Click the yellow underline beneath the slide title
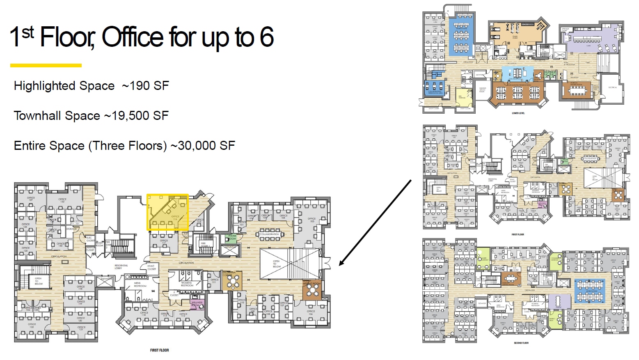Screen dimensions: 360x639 46,65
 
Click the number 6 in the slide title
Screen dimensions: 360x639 266,37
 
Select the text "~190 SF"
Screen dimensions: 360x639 145,86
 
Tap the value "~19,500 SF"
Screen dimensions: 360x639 136,116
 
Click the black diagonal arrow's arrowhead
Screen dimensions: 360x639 341,263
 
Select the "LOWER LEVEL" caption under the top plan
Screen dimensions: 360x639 518,113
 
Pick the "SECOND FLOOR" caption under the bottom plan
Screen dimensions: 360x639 521,343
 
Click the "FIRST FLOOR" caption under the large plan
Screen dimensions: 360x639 159,350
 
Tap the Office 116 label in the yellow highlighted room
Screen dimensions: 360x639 175,218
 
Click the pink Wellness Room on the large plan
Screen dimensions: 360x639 197,304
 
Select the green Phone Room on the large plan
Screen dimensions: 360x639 232,237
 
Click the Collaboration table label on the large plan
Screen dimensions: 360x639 269,234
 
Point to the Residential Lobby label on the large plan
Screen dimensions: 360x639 121,266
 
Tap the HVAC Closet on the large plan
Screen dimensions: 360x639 151,267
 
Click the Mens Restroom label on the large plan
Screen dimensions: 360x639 140,284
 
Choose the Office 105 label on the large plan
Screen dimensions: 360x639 311,220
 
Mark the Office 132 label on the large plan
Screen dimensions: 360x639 62,200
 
